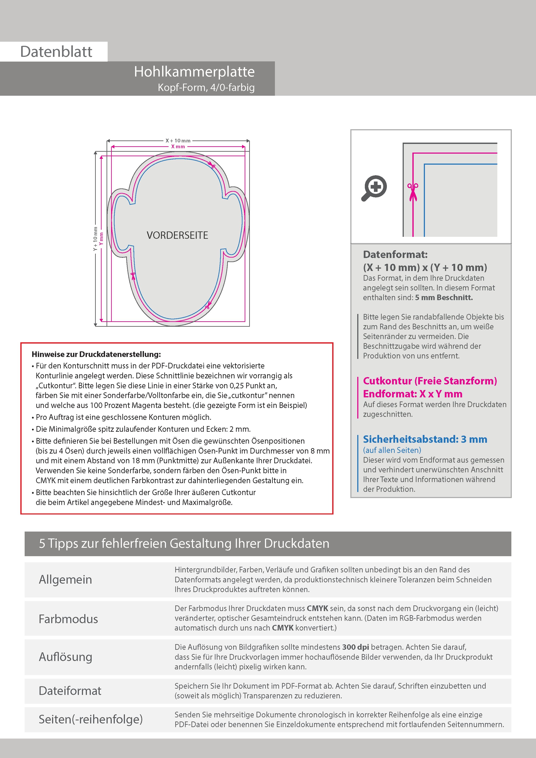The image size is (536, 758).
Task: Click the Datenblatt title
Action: pyautogui.click(x=56, y=52)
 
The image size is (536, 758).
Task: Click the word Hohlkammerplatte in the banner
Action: pyautogui.click(x=194, y=72)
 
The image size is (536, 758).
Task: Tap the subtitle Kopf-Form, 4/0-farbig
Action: pyautogui.click(x=206, y=88)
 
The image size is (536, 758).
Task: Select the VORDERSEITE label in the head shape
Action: pyautogui.click(x=177, y=235)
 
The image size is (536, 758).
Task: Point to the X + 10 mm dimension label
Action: pyautogui.click(x=178, y=141)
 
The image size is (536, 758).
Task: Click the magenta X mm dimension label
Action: pyautogui.click(x=178, y=147)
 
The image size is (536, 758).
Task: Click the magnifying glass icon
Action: pyautogui.click(x=374, y=188)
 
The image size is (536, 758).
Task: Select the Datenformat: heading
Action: pyautogui.click(x=395, y=255)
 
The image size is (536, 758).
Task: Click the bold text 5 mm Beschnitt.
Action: pyautogui.click(x=444, y=298)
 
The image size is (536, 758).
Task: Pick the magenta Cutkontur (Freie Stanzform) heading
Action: pyautogui.click(x=430, y=381)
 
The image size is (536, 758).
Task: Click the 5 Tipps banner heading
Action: pyautogui.click(x=184, y=543)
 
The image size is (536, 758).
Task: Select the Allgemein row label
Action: pyautogui.click(x=65, y=579)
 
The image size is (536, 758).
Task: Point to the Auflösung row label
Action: pyautogui.click(x=65, y=657)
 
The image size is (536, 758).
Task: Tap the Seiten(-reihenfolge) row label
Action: pyautogui.click(x=91, y=719)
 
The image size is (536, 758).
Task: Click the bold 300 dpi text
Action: pyautogui.click(x=356, y=647)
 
